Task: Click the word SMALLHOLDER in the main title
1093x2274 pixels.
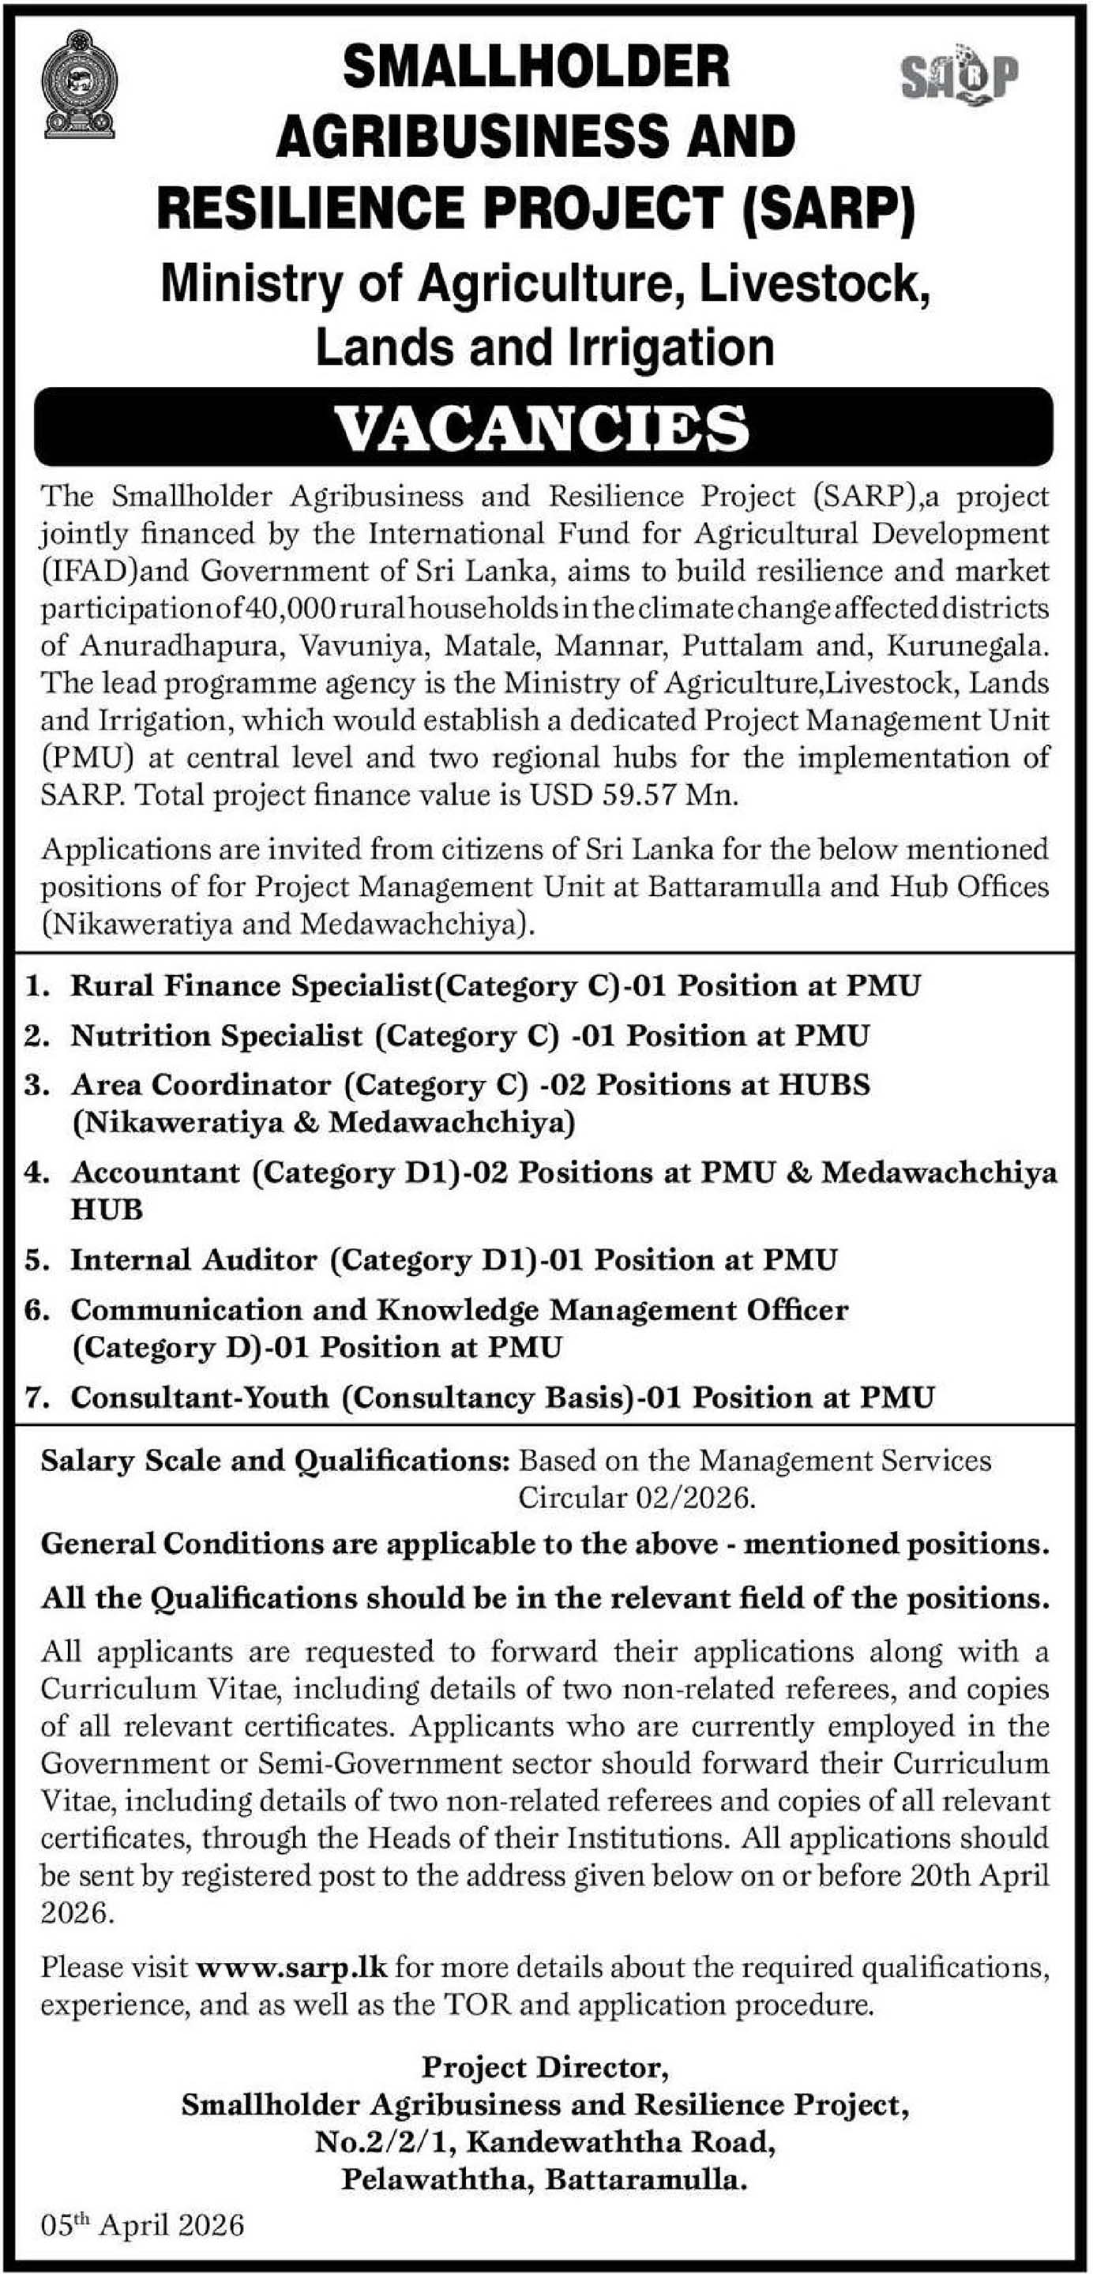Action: coord(536,68)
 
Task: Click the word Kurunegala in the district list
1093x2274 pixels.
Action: coord(966,646)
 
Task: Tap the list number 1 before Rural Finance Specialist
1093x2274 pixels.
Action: coord(35,986)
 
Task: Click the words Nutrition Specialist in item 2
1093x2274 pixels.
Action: coord(216,1035)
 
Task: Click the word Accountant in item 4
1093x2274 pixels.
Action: coord(156,1173)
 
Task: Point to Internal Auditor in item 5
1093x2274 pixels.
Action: coord(193,1259)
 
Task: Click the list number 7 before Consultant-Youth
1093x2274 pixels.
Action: coord(35,1398)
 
